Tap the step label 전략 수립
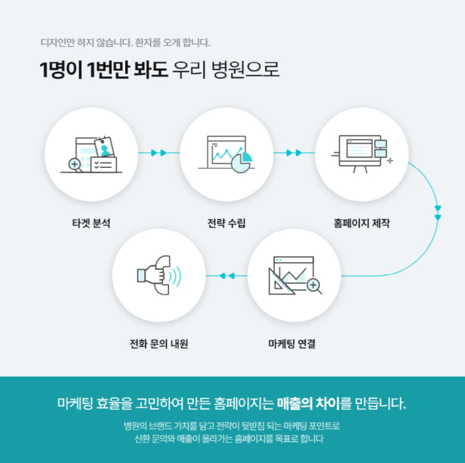[x=226, y=224]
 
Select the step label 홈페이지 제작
[x=362, y=224]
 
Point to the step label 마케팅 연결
[x=292, y=344]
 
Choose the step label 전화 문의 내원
[x=158, y=344]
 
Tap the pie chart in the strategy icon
[x=242, y=160]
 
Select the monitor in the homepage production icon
[x=356, y=150]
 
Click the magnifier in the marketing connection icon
[x=315, y=286]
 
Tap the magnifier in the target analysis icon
[x=75, y=164]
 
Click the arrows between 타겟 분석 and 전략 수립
[x=158, y=153]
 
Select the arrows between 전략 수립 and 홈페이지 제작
[x=294, y=153]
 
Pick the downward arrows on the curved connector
[x=437, y=213]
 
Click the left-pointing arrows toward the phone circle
[x=226, y=276]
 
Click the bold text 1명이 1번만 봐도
[x=103, y=70]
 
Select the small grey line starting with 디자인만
[x=126, y=43]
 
